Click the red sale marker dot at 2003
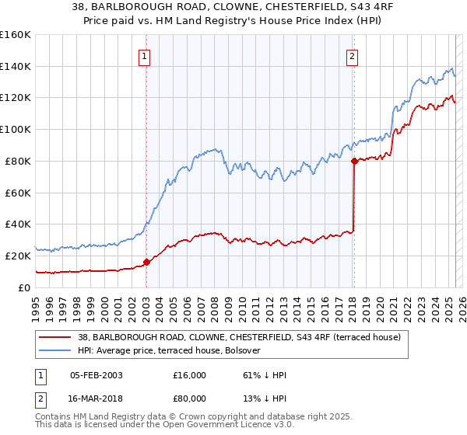click(146, 262)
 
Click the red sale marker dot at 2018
click(354, 161)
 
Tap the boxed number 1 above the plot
click(146, 55)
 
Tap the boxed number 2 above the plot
click(353, 55)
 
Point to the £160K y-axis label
click(16, 35)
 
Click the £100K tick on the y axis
click(16, 129)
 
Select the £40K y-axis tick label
click(18, 224)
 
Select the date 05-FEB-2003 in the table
click(96, 375)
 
